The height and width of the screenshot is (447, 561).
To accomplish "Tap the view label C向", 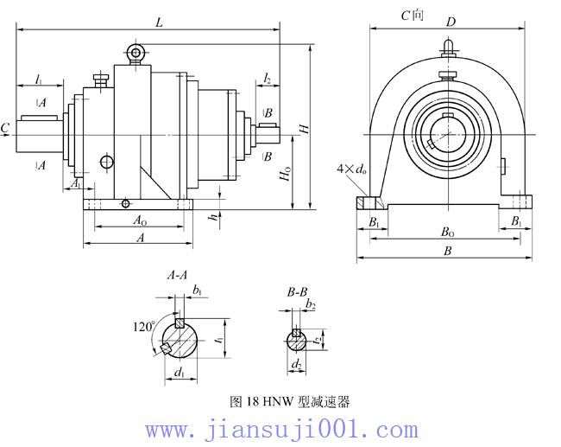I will [x=412, y=16].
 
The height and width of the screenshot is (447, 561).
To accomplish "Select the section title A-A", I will [x=177, y=276].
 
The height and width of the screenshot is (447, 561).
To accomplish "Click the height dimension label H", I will [x=303, y=129].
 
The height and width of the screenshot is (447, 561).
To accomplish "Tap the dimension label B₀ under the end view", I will [x=447, y=233].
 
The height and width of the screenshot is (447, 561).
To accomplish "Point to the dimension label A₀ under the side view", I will [x=139, y=221].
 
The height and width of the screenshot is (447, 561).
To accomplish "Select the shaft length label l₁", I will [x=39, y=80].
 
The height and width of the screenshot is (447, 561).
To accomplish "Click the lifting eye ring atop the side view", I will [x=136, y=54].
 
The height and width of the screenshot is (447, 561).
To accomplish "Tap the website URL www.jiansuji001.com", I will [x=281, y=429].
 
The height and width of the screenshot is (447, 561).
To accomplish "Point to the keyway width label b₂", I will [x=311, y=306].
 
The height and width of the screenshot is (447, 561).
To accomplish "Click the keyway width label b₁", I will [x=198, y=291].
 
